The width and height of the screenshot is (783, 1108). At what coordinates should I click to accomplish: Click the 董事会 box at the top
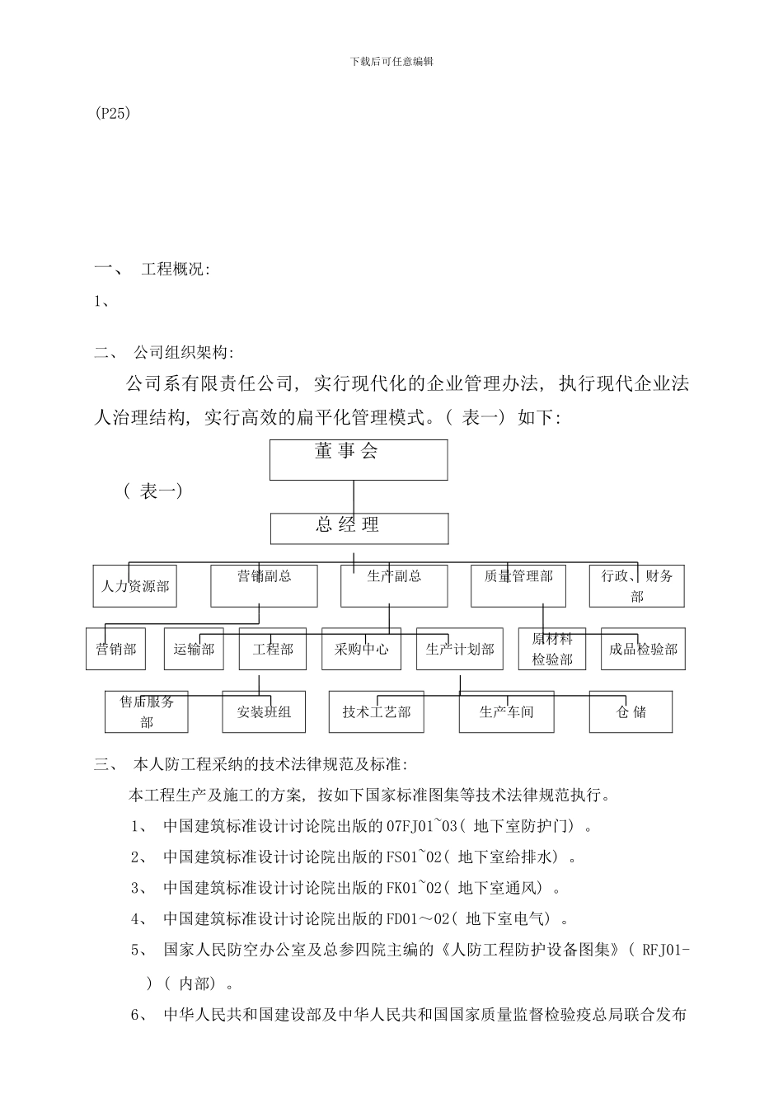point(359,459)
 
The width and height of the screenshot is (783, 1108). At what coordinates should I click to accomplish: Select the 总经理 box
point(360,528)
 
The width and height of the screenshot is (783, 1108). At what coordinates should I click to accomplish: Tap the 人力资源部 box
point(135,586)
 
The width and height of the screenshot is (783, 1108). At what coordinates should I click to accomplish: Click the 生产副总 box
point(394,585)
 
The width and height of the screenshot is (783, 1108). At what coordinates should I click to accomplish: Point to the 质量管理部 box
point(518,585)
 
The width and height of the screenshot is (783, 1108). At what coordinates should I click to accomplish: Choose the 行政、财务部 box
point(637,586)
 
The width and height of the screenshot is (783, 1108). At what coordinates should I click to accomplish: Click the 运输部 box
point(194,649)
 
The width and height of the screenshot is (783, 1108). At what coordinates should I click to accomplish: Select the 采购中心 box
point(361,649)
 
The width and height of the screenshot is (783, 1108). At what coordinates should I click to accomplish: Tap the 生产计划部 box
point(460,649)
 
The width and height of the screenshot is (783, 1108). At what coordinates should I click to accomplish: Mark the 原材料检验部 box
point(552,649)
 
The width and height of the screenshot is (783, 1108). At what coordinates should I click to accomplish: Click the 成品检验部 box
point(643,649)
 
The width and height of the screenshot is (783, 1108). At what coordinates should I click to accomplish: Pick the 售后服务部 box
point(147,711)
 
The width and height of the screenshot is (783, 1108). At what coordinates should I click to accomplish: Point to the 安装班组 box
point(264,711)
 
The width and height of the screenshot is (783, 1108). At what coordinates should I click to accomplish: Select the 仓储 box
point(631,711)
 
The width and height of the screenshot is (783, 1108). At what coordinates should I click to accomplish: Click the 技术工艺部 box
point(377,711)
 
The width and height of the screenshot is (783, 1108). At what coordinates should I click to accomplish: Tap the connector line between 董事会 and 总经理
point(354,497)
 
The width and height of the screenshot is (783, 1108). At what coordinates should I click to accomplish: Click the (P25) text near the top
point(113,114)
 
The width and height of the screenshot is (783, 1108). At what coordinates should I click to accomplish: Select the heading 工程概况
point(176,269)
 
